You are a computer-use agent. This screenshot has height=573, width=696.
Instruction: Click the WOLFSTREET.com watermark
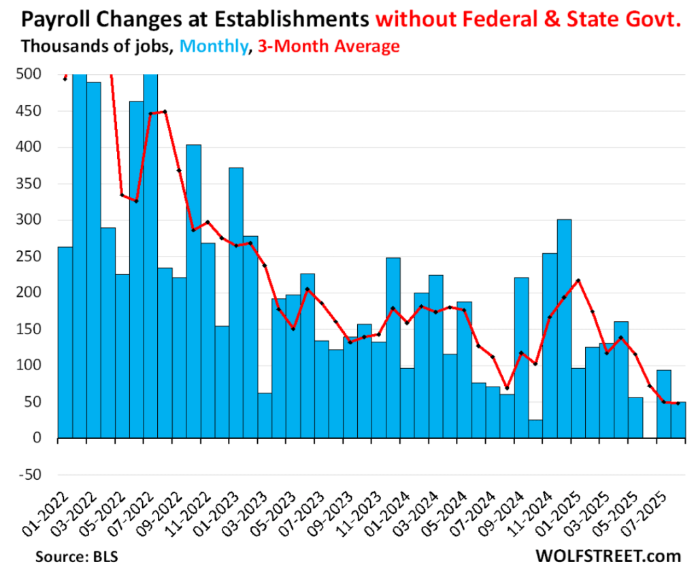[608, 556]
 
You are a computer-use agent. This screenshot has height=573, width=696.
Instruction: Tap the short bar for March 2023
[265, 415]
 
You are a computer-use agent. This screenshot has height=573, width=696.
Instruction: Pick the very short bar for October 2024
[535, 429]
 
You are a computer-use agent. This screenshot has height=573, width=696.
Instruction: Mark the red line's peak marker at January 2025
[578, 280]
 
